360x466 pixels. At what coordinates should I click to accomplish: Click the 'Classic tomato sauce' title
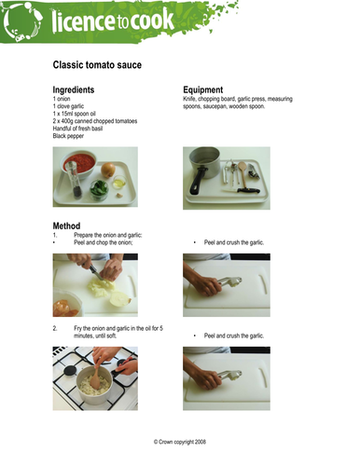97,65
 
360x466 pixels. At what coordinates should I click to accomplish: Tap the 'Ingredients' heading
74,89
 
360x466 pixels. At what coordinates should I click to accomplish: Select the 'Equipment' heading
202,89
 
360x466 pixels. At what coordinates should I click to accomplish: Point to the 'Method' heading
66,226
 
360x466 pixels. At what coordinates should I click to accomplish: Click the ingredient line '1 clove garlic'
68,106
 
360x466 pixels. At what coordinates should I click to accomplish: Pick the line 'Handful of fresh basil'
77,129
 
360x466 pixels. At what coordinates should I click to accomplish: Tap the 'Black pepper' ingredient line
68,136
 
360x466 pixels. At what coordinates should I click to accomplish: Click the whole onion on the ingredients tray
108,170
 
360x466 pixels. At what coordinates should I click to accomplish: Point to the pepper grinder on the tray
74,179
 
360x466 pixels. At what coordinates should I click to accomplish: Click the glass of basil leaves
99,189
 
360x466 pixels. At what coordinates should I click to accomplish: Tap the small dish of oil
119,183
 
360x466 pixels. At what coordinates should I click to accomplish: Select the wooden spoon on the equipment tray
242,174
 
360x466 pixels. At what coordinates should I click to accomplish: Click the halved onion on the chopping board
120,299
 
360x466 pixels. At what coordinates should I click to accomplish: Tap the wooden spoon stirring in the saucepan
95,376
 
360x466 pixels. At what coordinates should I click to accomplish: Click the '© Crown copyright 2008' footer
180,442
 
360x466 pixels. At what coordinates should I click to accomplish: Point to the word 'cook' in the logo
151,21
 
